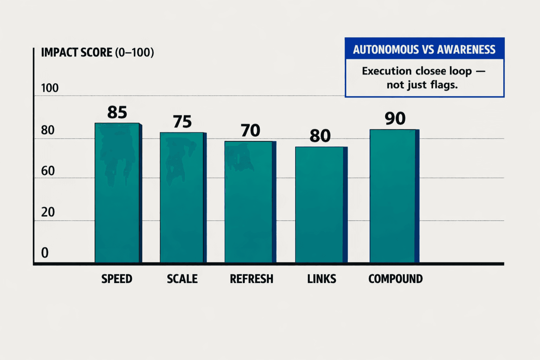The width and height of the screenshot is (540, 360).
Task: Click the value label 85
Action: [117, 112]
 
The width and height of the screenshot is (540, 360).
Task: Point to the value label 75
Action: [182, 122]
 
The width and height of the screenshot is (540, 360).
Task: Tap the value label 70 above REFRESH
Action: [250, 130]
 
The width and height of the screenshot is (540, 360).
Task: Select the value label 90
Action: [395, 118]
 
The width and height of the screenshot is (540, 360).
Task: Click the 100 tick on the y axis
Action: [50, 88]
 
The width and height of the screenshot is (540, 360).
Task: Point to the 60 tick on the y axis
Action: [48, 171]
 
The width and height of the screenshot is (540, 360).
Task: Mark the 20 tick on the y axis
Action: [48, 212]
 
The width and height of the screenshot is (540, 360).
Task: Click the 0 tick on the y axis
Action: [45, 253]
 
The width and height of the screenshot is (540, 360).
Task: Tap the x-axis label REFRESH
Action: [251, 279]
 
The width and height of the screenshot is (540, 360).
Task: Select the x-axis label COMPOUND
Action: [396, 279]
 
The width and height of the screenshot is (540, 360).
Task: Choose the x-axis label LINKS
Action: [322, 279]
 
